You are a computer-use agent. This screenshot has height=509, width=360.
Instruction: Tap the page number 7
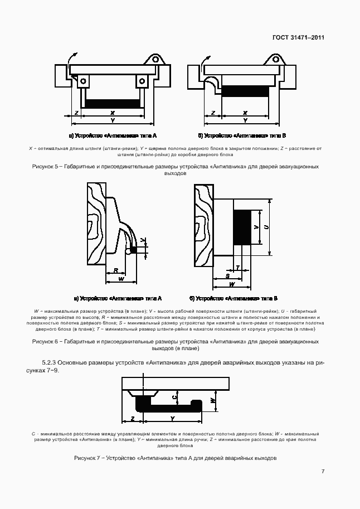(x=323, y=472)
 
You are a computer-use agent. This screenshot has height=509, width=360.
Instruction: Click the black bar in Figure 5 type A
(x=113, y=104)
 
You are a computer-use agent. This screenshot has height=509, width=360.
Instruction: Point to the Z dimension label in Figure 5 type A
(x=75, y=113)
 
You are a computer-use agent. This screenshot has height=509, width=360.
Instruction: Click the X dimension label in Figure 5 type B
(x=246, y=113)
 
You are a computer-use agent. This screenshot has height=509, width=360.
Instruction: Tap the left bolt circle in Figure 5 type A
(x=83, y=81)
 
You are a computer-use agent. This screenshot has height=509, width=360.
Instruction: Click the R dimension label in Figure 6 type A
(x=115, y=270)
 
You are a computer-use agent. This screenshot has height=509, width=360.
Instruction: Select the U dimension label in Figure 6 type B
(x=267, y=227)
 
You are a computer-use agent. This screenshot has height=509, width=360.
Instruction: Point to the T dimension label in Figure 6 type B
(x=238, y=268)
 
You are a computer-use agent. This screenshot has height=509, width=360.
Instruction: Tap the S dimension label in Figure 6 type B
(x=227, y=275)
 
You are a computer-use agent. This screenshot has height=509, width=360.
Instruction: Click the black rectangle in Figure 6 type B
(x=242, y=227)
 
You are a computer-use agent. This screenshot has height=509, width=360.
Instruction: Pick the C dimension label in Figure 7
(x=174, y=397)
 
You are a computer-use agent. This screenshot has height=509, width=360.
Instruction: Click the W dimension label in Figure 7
(x=213, y=400)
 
